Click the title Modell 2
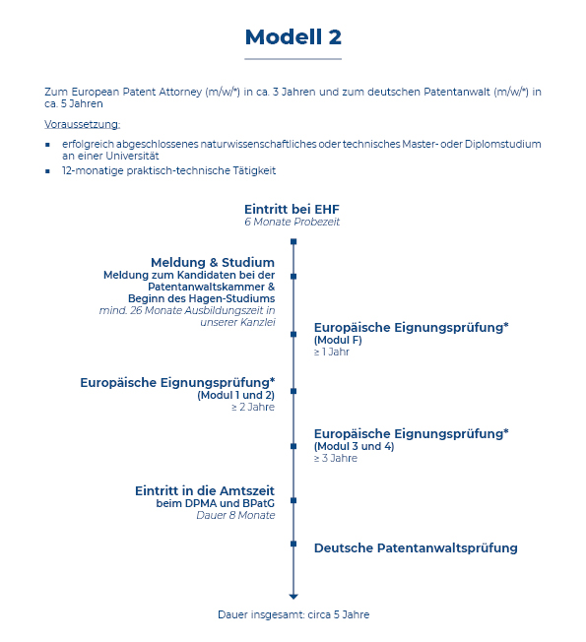coord(293,37)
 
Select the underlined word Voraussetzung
coord(82,124)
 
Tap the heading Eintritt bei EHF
coord(292,209)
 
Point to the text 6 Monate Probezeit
coord(292,222)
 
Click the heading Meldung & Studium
coord(213,262)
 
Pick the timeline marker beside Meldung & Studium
coord(293,277)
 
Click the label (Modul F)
coord(338,340)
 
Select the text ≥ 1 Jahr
coord(331,352)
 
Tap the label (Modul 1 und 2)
coord(235,395)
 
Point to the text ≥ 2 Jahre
coord(253,407)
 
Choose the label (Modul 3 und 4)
coord(354,446)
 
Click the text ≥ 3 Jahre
coord(336,458)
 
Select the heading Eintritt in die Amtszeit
coord(205,490)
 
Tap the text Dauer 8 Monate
coord(235,515)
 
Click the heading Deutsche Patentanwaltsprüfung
coord(416,548)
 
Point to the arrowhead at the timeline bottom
coord(293,597)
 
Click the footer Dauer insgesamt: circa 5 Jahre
coord(293,614)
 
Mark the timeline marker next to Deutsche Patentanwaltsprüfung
coord(293,544)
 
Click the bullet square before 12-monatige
coord(48,171)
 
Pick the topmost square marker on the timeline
coord(293,241)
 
